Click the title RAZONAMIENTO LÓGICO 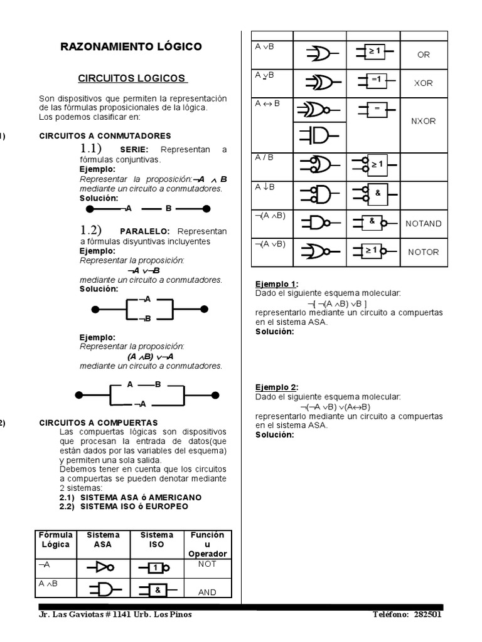[x=131, y=47]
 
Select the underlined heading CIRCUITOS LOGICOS [x=132, y=78]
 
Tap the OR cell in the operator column [x=424, y=55]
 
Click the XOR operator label [x=424, y=83]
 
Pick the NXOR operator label [x=424, y=121]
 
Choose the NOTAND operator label [x=424, y=223]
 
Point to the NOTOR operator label [x=424, y=252]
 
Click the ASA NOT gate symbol [x=102, y=568]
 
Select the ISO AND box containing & [x=158, y=590]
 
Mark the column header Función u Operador [x=207, y=544]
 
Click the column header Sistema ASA [x=103, y=540]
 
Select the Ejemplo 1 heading [x=277, y=284]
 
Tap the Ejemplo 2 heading [x=277, y=387]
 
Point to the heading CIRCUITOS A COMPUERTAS [x=99, y=423]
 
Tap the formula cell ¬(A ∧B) [x=270, y=216]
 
